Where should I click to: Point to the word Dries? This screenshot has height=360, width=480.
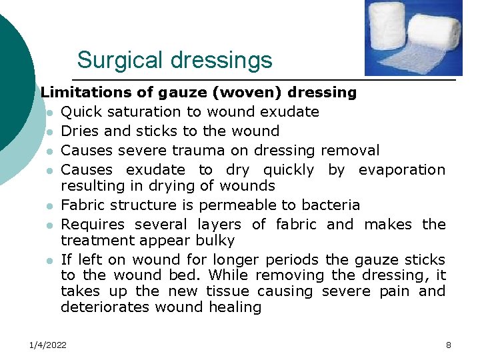coord(81,131)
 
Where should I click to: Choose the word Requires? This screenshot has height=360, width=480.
coord(93,225)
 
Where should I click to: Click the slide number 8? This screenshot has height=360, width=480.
coord(449,345)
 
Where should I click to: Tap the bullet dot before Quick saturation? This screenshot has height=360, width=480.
coord(50,112)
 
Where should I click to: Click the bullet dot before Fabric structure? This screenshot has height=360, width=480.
coord(50,205)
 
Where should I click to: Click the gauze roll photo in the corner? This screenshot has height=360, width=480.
coord(413,38)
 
